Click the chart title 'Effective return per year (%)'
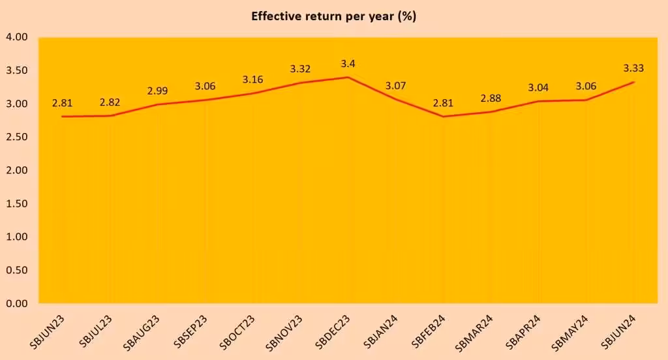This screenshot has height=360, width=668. pos(333,16)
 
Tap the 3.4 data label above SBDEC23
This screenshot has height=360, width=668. pos(348,64)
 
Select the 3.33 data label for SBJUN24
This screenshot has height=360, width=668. pos(634,68)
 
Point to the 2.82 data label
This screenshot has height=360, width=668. pos(110,102)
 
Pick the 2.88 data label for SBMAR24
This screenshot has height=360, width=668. pos(491,98)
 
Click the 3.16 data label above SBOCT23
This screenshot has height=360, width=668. pos(253,80)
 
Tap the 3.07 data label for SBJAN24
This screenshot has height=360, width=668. pos(395,85)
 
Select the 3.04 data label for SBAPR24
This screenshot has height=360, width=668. pos(539,87)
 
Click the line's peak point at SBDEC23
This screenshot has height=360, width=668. pos(348,77)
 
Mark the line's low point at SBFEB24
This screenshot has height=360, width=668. pos(444,116)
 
